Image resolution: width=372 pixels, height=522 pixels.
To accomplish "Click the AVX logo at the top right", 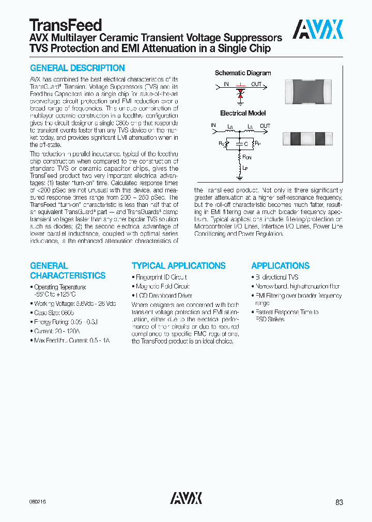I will [x=318, y=30].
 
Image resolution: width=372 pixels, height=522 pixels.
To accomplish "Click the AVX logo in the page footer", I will [x=186, y=498].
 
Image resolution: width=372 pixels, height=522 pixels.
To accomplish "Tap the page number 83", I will [x=338, y=502].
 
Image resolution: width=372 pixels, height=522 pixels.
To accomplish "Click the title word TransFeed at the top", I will [x=66, y=25].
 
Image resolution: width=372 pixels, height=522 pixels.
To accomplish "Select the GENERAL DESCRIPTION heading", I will [x=78, y=68].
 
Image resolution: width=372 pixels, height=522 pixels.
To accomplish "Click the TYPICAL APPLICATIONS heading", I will [x=178, y=266].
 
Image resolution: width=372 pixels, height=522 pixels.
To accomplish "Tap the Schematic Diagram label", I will [x=242, y=73].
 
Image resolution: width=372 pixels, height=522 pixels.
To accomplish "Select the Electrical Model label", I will [x=242, y=113].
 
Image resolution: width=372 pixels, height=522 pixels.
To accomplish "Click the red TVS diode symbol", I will [x=240, y=94].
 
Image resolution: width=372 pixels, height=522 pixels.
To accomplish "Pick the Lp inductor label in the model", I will [x=245, y=169].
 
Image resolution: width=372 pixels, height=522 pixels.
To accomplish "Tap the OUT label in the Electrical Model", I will [x=265, y=126].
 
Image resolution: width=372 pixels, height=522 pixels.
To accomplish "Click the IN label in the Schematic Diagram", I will [x=226, y=84].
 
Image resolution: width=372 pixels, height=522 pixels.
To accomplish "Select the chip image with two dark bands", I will [x=305, y=138].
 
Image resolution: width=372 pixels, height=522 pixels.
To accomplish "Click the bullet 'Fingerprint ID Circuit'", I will [x=162, y=277].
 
